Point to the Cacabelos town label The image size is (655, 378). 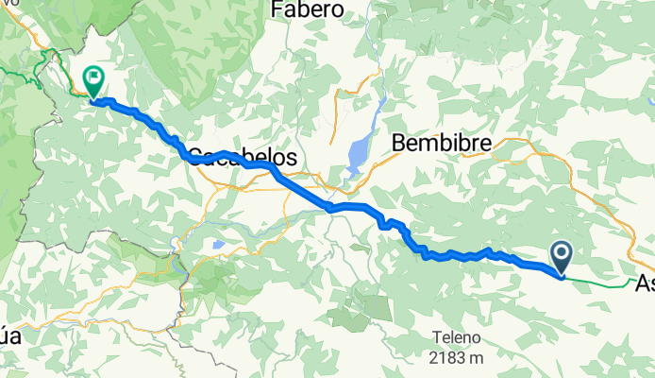tap(243, 157)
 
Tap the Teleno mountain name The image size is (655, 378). tap(457, 338)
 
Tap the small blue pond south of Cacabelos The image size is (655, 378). tap(219, 246)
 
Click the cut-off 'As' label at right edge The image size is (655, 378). tap(645, 283)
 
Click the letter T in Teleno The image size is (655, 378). tap(438, 338)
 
